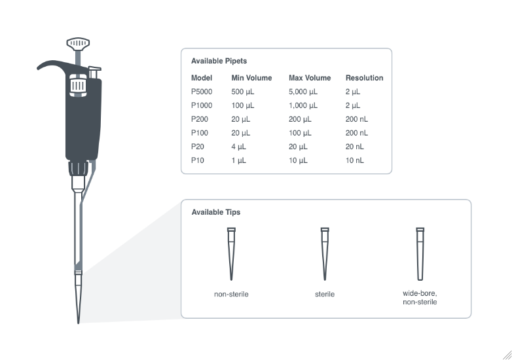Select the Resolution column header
tap(364, 78)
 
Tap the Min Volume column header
tap(251, 78)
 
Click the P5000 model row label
tap(202, 92)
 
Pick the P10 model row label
tap(198, 160)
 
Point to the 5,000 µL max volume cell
tap(303, 92)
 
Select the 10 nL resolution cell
tap(354, 160)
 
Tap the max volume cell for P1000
tap(303, 105)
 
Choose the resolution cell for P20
tap(354, 147)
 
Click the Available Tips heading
tap(215, 212)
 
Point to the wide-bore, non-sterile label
tap(420, 298)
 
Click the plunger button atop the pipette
tap(78, 44)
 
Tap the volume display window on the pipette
tap(78, 86)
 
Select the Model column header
tap(202, 78)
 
